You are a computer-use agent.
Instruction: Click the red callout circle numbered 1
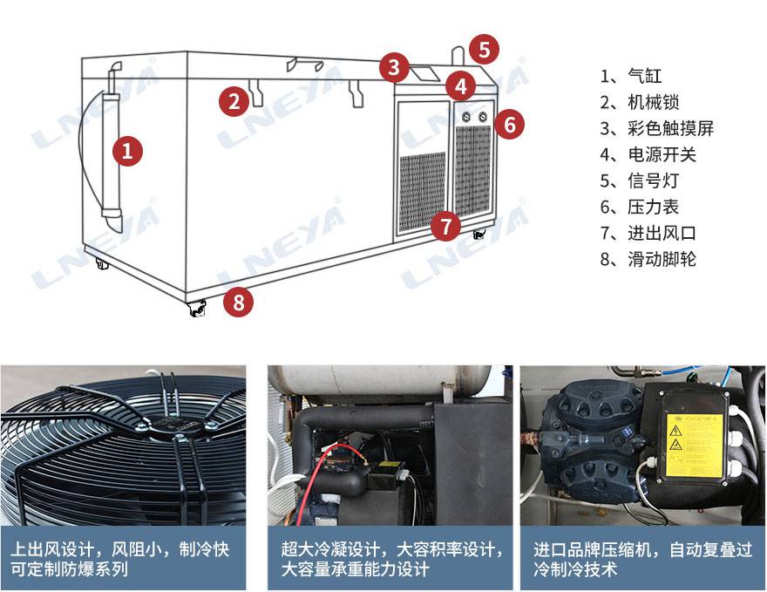(127, 151)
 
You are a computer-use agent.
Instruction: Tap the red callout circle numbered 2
(234, 101)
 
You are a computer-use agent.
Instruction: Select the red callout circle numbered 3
(394, 67)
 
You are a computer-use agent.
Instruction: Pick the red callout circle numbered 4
(461, 86)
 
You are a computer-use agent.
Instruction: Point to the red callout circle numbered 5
(485, 50)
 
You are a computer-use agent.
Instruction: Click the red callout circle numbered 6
(510, 125)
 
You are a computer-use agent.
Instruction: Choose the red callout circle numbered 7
(445, 226)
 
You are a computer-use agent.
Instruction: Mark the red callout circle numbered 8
(238, 302)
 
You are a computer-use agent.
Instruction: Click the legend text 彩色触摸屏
(671, 128)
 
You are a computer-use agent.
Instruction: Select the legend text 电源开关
(662, 154)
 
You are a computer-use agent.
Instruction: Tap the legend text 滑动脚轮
(662, 259)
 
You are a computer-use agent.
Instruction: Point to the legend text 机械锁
(654, 102)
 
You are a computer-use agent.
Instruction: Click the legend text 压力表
(654, 207)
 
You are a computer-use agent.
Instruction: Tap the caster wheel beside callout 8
(197, 310)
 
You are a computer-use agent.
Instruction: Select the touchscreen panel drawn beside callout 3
(424, 74)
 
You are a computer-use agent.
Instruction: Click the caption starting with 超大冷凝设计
(391, 559)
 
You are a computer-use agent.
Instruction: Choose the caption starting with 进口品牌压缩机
(642, 559)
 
